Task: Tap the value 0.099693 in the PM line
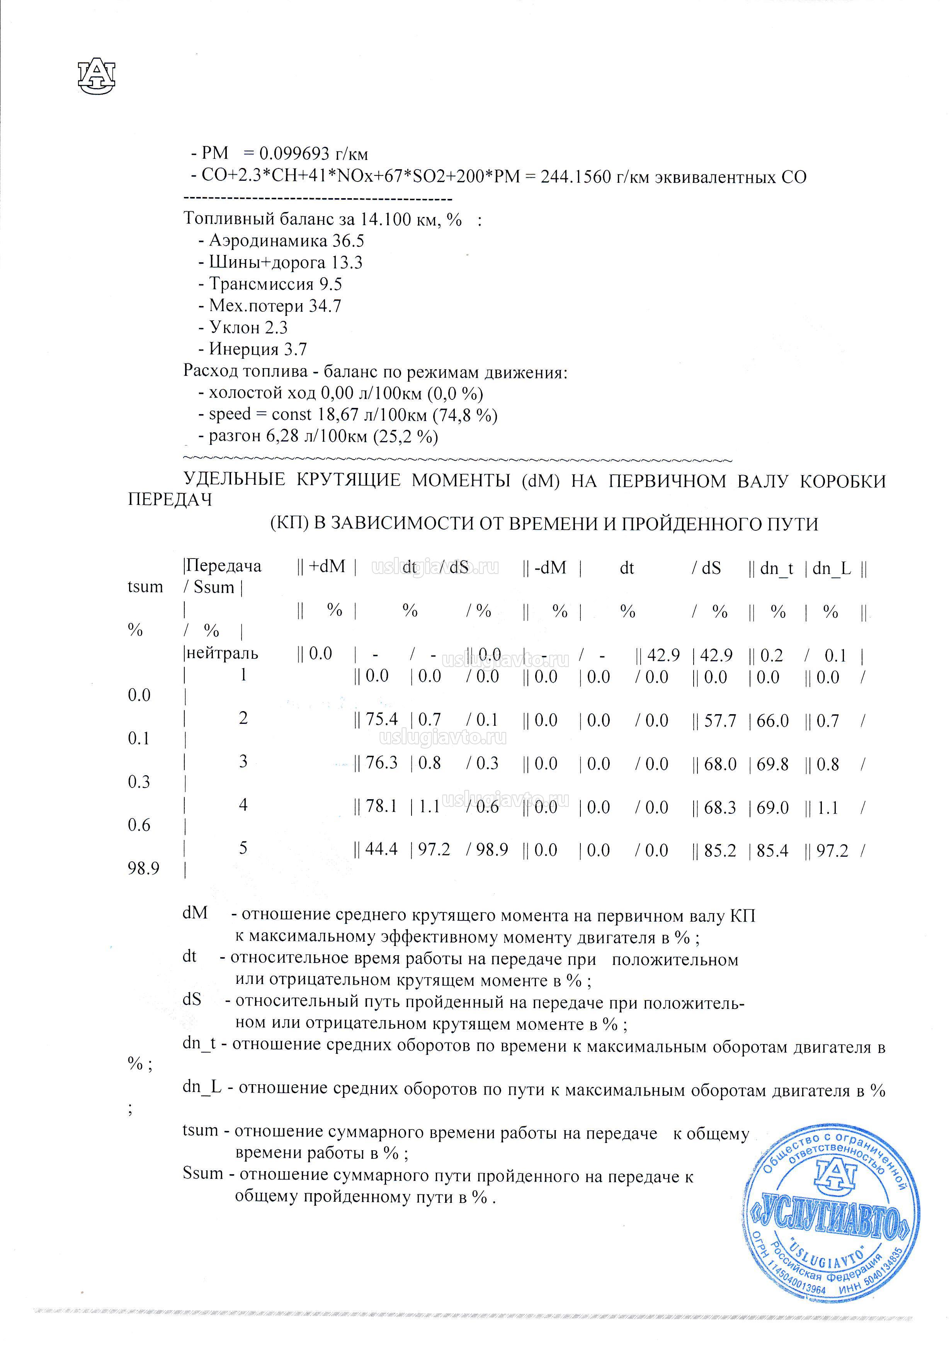[x=294, y=154]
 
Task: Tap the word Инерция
[x=244, y=349]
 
